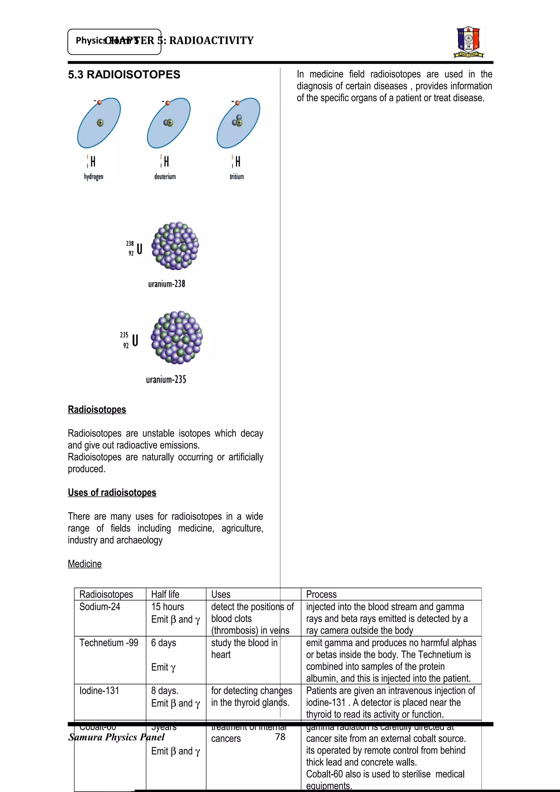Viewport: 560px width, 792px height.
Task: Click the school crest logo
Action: (469, 42)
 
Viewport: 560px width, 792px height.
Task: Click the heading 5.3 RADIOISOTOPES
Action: (124, 75)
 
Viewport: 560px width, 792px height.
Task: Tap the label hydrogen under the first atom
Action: (94, 177)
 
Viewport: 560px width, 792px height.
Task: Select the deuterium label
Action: (165, 177)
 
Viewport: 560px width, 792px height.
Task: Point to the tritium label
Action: (237, 177)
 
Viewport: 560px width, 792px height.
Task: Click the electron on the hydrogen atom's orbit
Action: (99, 102)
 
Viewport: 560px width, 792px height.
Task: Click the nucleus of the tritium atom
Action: (237, 121)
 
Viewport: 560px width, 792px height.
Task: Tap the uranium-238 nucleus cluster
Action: (175, 246)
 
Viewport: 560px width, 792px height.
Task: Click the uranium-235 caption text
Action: (166, 379)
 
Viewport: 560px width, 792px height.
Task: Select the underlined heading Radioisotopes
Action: (97, 409)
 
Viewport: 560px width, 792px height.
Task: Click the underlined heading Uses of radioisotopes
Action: (112, 492)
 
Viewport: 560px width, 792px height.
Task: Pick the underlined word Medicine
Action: (84, 564)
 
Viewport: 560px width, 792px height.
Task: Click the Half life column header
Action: (165, 594)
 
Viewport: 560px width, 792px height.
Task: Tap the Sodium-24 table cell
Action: (100, 607)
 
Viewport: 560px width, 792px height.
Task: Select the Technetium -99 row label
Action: (109, 643)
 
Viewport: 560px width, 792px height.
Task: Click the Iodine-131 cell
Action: (99, 691)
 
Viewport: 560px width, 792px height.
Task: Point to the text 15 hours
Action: (168, 607)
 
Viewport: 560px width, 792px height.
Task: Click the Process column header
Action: (321, 594)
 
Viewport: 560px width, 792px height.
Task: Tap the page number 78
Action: (280, 737)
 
